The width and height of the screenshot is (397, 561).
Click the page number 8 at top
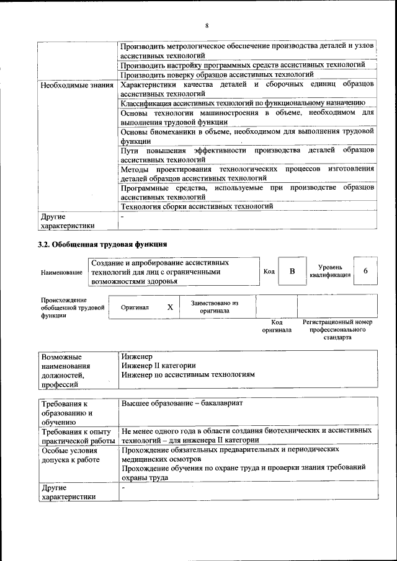tap(207, 25)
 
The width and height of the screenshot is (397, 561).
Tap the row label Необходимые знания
tap(77, 84)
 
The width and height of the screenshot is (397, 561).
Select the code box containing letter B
tap(292, 272)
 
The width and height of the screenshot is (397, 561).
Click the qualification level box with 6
tap(365, 271)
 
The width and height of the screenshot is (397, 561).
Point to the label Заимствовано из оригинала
tap(215, 307)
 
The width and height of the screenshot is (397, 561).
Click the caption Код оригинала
tap(277, 326)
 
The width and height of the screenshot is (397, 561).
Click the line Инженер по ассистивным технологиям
tap(188, 375)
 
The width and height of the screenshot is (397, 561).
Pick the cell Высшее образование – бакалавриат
tap(182, 403)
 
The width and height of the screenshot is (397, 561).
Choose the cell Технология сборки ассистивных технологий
tap(197, 206)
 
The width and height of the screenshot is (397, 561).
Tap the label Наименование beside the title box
tap(61, 272)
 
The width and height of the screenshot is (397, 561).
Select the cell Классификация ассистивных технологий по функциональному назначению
tap(243, 103)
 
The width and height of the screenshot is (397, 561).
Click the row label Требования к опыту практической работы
tap(76, 435)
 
